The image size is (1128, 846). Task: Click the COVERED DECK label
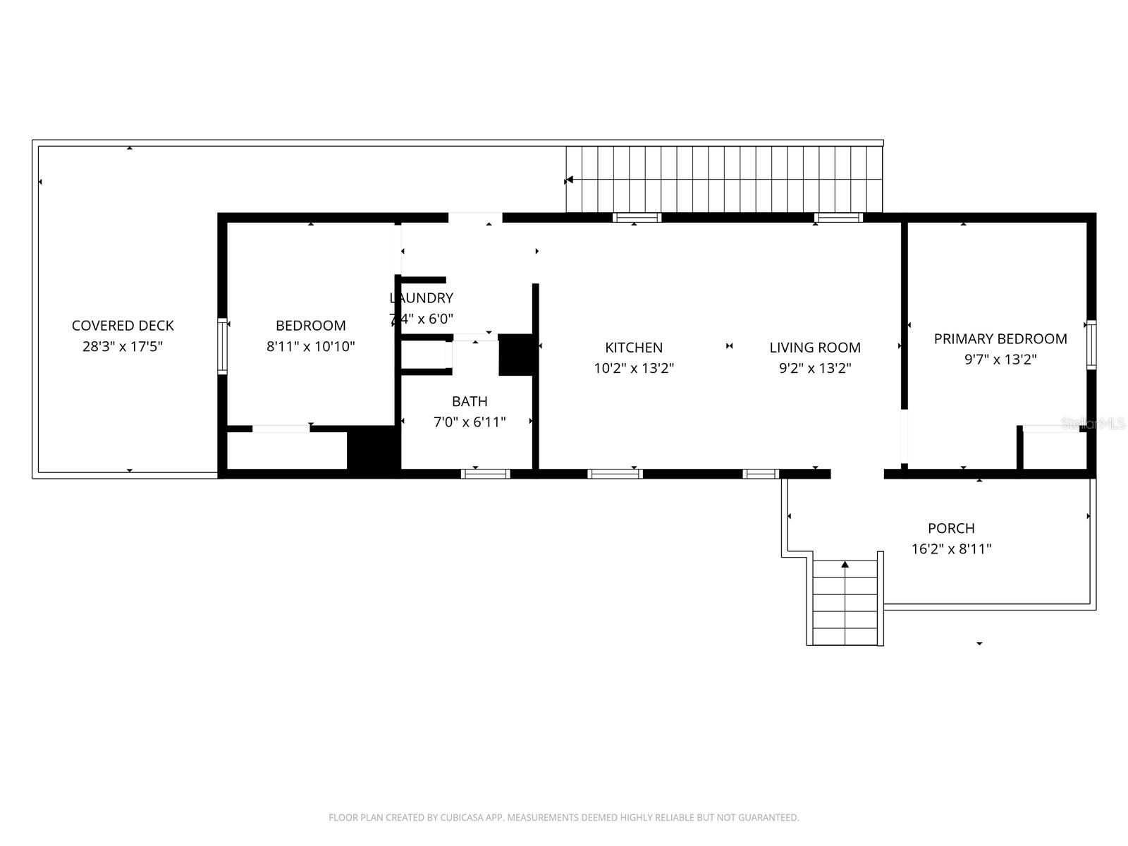pyautogui.click(x=123, y=326)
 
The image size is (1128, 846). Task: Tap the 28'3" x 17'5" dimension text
pyautogui.click(x=123, y=346)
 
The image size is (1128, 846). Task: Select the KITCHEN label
pyautogui.click(x=634, y=348)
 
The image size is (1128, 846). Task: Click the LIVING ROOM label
pyautogui.click(x=814, y=348)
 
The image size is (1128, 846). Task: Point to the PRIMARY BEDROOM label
pyautogui.click(x=1000, y=339)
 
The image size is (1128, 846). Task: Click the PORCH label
pyautogui.click(x=951, y=528)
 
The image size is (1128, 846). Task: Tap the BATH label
pyautogui.click(x=470, y=401)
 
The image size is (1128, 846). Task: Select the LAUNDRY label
pyautogui.click(x=422, y=298)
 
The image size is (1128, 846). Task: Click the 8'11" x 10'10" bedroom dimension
pyautogui.click(x=310, y=346)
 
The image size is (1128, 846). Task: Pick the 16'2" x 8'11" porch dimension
pyautogui.click(x=951, y=548)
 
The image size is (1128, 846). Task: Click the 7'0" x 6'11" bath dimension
pyautogui.click(x=470, y=422)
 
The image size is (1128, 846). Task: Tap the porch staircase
pyautogui.click(x=845, y=603)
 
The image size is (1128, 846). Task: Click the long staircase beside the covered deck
pyautogui.click(x=724, y=179)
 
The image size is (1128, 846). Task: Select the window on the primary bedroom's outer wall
pyautogui.click(x=1091, y=345)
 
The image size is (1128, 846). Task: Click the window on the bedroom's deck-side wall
pyautogui.click(x=222, y=345)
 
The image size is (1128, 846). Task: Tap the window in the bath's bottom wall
pyautogui.click(x=485, y=474)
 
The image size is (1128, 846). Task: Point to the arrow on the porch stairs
pyautogui.click(x=845, y=565)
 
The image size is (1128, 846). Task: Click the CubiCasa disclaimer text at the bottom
pyautogui.click(x=563, y=818)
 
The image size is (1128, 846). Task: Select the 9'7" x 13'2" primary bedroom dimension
pyautogui.click(x=1000, y=360)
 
